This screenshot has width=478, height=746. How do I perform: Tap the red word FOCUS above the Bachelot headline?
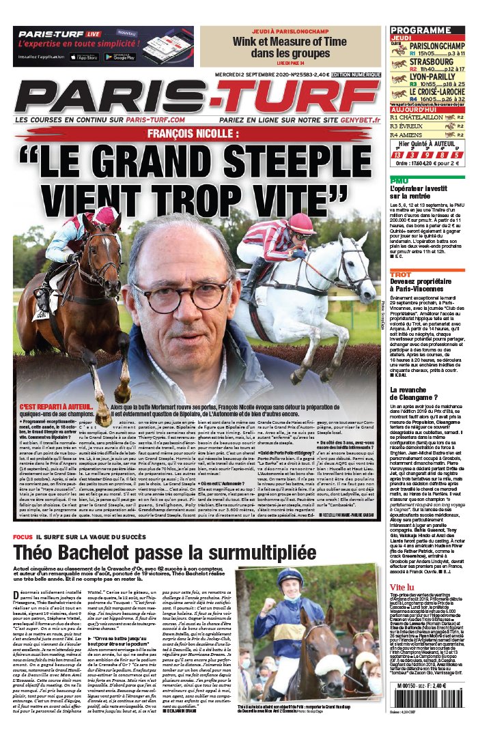pos(23,556)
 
